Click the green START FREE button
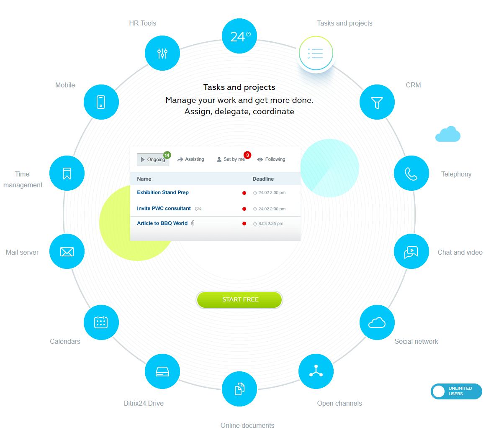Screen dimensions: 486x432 [x=239, y=299]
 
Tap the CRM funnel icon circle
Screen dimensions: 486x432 [x=377, y=102]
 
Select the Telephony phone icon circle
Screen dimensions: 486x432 [x=411, y=173]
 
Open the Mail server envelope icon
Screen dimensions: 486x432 [x=67, y=251]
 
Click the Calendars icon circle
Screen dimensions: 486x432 [x=101, y=322]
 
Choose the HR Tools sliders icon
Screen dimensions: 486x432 [x=162, y=53]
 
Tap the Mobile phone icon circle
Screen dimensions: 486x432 [x=101, y=102]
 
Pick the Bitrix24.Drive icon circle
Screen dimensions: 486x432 [x=162, y=371]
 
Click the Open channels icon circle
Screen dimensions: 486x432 [x=316, y=371]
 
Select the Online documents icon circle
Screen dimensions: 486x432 [x=239, y=389]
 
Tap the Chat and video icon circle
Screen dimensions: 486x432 [x=411, y=251]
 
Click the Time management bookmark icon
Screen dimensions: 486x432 [x=67, y=173]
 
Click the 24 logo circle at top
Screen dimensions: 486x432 [x=239, y=36]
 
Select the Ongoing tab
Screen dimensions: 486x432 [x=153, y=159]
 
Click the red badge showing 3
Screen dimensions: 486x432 [x=247, y=155]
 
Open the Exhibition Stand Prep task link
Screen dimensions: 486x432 [x=163, y=192]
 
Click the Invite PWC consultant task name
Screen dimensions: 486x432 [x=164, y=208]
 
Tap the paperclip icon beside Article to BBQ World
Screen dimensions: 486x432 [x=193, y=223]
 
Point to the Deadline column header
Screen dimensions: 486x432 [x=263, y=179]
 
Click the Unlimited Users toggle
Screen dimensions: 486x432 [x=456, y=391]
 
